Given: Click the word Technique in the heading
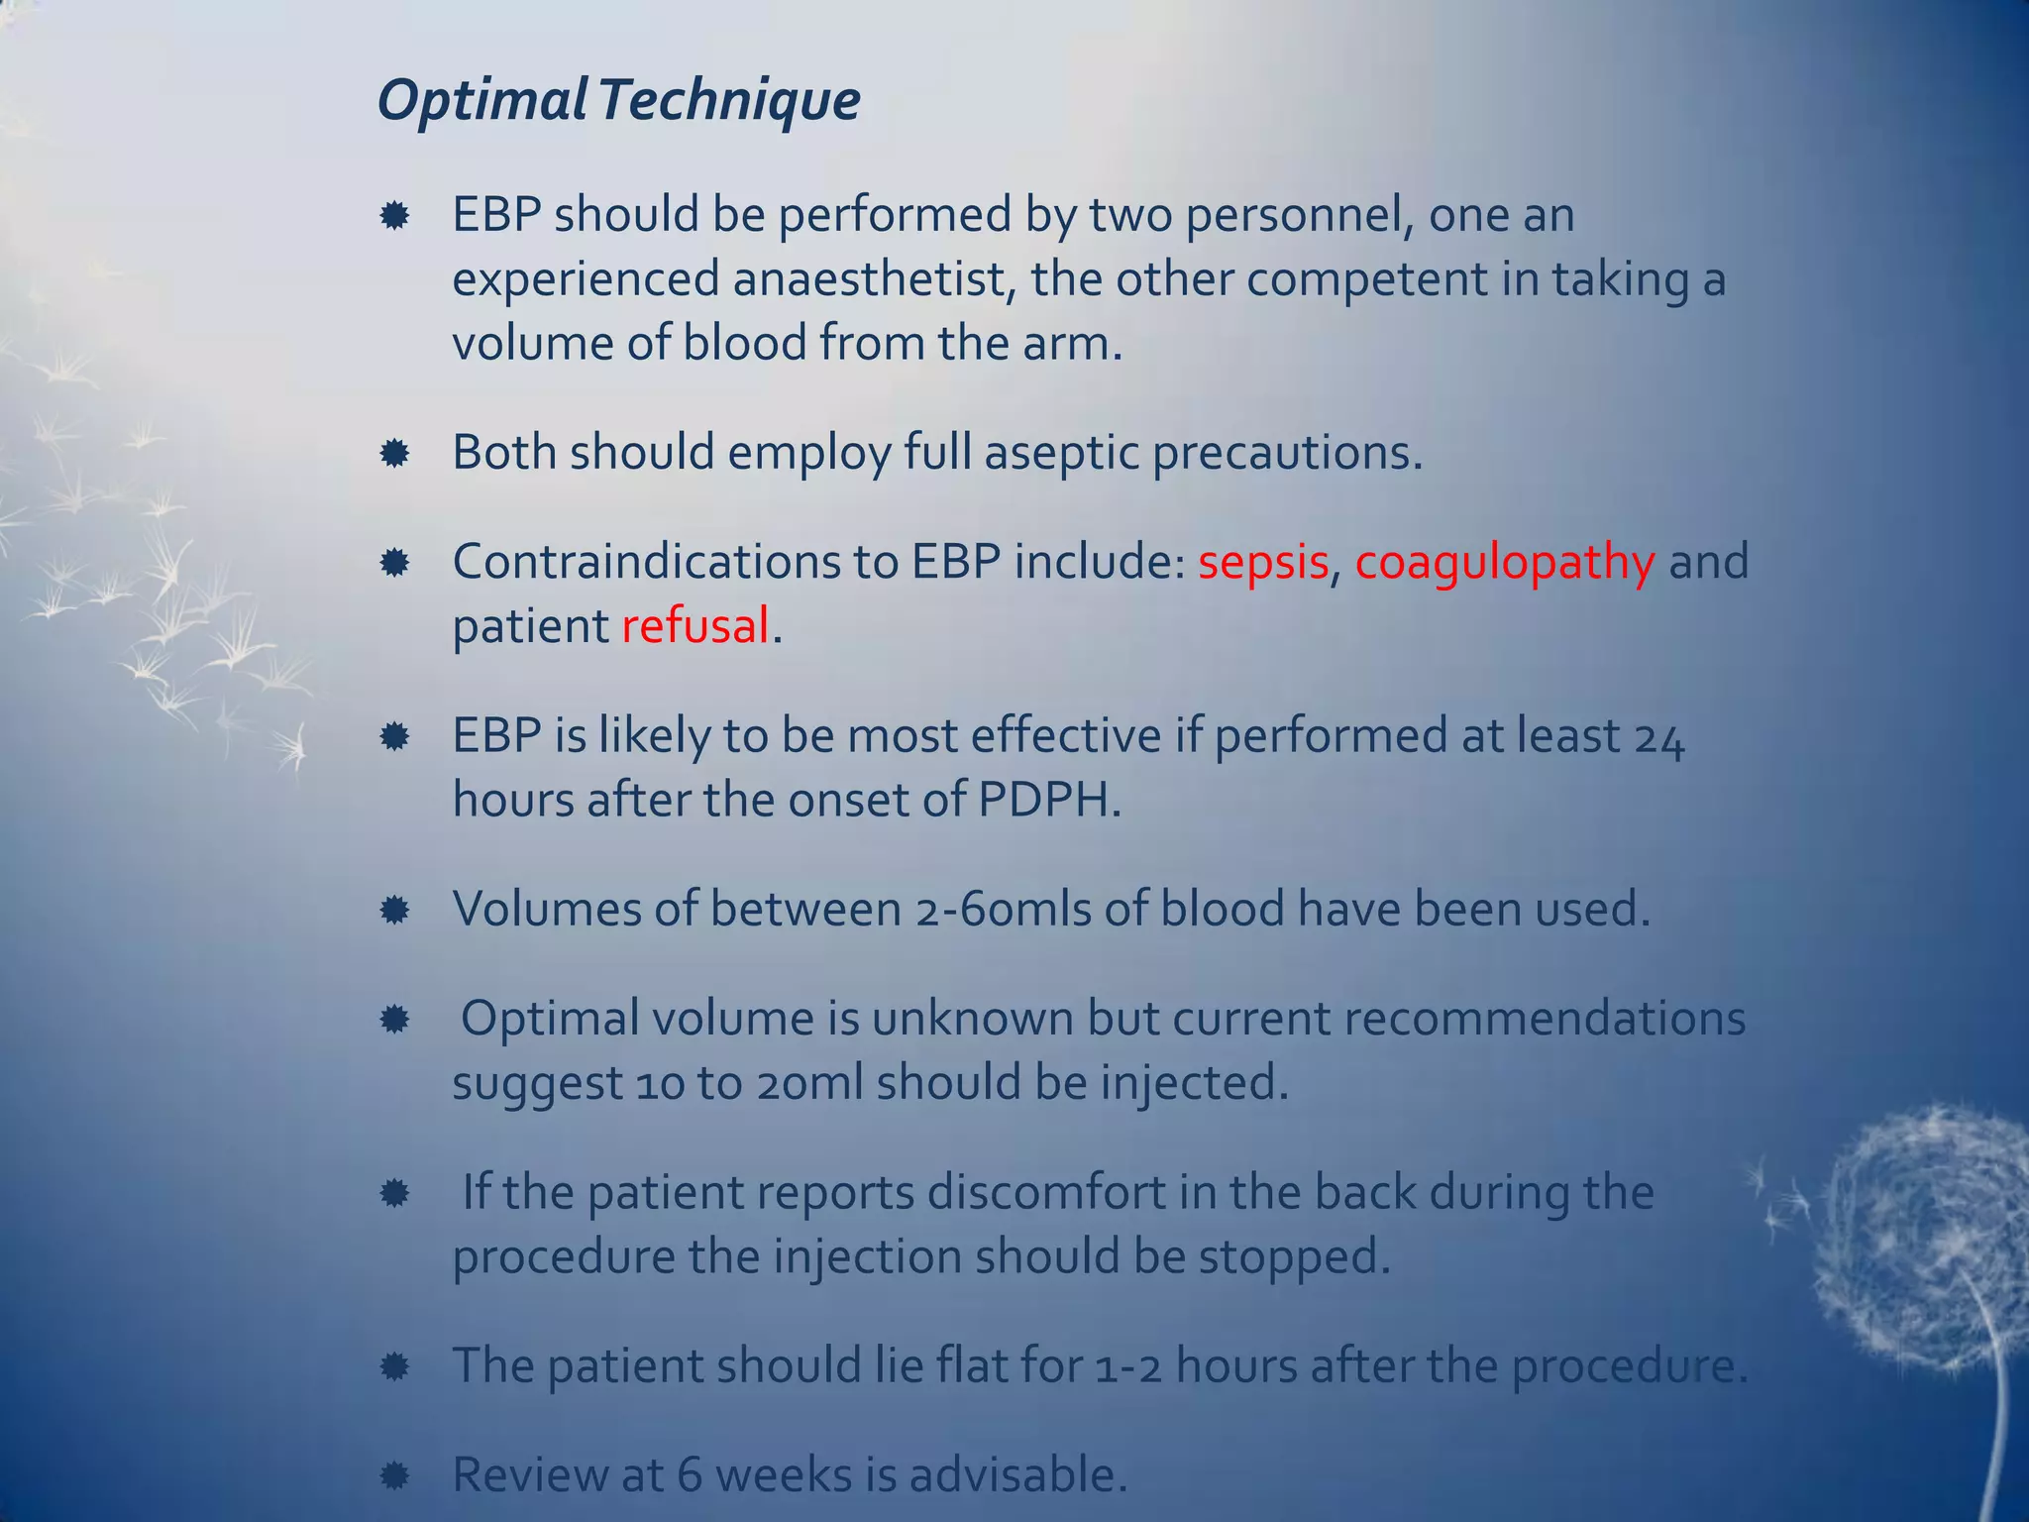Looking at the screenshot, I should (x=728, y=100).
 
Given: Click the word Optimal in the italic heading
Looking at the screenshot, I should (x=482, y=100).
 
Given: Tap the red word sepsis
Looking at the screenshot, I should (x=1263, y=562).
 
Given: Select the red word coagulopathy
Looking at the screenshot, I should (x=1504, y=562).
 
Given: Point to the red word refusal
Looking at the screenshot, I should (x=695, y=626).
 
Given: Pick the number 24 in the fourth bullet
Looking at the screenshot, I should (x=1658, y=737).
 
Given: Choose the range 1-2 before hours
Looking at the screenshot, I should (x=1128, y=1365).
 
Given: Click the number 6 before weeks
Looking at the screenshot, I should (x=690, y=1474).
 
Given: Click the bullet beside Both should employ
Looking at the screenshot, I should (x=394, y=454).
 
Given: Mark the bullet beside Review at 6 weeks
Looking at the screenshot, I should (x=394, y=1476).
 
